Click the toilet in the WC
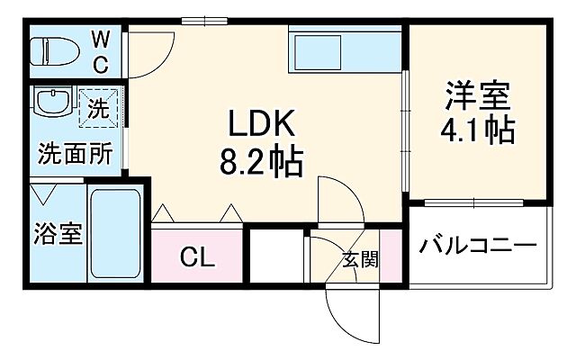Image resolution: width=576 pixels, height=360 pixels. pyautogui.click(x=56, y=50)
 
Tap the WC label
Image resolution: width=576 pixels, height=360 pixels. pyautogui.click(x=100, y=50)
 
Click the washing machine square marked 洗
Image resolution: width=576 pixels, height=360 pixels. pyautogui.click(x=99, y=109)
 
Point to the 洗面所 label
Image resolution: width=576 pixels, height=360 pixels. pyautogui.click(x=75, y=154)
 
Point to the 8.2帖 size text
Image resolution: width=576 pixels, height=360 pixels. pyautogui.click(x=261, y=164)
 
